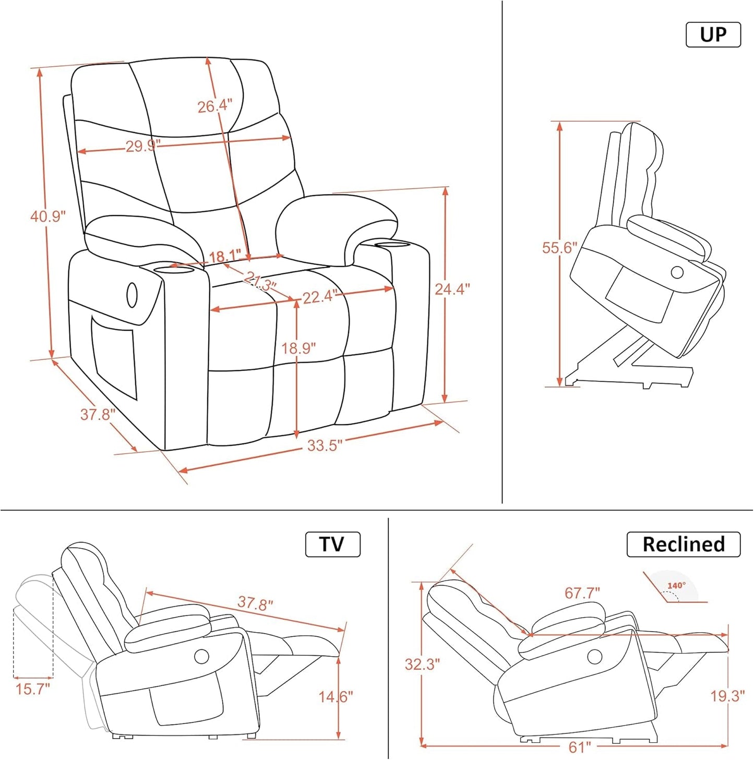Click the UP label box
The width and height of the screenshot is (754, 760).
click(x=713, y=35)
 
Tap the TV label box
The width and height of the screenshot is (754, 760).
click(x=332, y=544)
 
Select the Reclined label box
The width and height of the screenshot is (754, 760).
click(x=683, y=544)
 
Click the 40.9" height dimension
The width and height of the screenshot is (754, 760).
click(x=47, y=216)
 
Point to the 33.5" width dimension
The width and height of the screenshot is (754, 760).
click(x=325, y=445)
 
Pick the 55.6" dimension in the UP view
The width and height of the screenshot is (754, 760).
click(x=559, y=247)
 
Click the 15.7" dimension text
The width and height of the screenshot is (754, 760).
click(x=32, y=689)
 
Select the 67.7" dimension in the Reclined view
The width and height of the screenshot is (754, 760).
click(x=582, y=593)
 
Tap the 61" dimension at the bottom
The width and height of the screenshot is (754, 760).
click(x=579, y=747)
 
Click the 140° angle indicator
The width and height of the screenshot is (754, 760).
click(x=676, y=586)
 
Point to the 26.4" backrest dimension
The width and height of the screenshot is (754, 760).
click(x=214, y=106)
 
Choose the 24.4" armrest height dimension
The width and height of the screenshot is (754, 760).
click(x=452, y=288)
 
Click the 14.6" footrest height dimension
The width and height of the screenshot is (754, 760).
click(x=336, y=696)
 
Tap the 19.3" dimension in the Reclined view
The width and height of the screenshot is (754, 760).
click(x=727, y=695)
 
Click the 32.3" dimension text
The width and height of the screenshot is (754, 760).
click(x=422, y=664)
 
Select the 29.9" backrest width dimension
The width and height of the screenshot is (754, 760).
click(x=143, y=146)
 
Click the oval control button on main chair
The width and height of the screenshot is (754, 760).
click(x=132, y=296)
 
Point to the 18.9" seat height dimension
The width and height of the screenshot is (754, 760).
click(x=298, y=348)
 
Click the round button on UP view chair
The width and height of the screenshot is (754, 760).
click(x=677, y=272)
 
